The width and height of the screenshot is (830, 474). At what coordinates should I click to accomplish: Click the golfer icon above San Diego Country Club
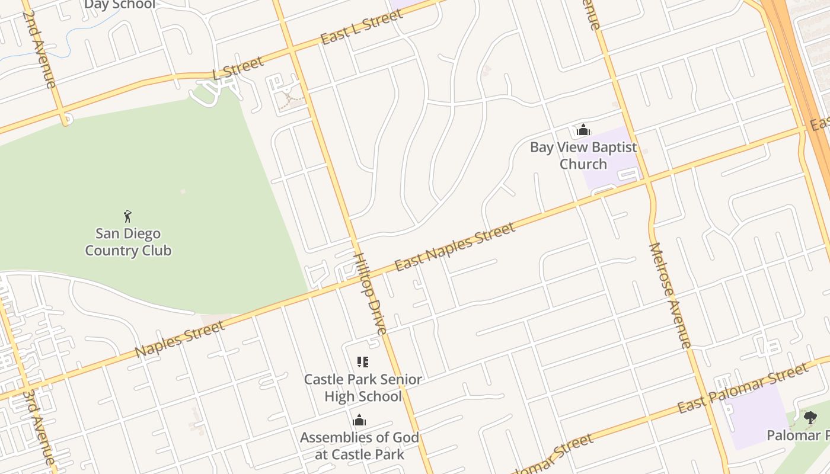[x=127, y=216]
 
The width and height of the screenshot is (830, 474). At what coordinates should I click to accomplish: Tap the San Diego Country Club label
[x=128, y=242]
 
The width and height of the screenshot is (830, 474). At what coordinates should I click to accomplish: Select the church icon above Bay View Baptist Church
[x=583, y=130]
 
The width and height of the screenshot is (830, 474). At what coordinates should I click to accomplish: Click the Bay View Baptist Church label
[x=583, y=155]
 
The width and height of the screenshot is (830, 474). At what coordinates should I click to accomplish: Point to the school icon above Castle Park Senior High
[x=363, y=362]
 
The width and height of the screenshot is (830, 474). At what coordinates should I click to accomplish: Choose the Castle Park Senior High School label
[x=363, y=387]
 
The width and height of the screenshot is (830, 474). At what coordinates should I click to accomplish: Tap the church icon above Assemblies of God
[x=359, y=421]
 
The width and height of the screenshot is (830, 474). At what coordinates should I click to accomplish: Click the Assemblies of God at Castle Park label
[x=359, y=446]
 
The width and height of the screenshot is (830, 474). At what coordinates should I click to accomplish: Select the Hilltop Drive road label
[x=371, y=294]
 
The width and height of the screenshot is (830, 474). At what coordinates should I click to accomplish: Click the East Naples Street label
[x=455, y=247]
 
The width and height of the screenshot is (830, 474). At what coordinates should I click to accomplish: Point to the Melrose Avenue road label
[x=671, y=294]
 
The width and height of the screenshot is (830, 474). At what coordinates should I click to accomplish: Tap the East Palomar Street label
[x=743, y=389]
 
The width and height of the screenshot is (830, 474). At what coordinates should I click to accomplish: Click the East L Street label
[x=362, y=27]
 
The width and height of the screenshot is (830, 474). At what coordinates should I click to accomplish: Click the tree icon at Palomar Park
[x=810, y=418]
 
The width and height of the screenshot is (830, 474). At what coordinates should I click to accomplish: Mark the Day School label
[x=119, y=5]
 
